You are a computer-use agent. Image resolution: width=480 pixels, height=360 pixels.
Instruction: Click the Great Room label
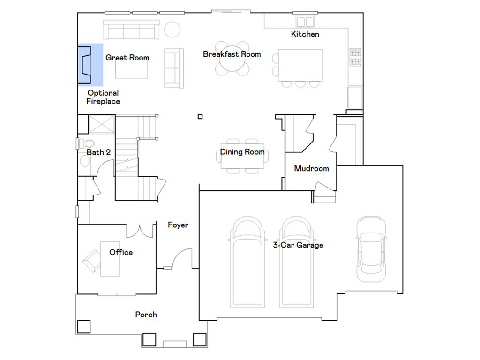tap(127, 58)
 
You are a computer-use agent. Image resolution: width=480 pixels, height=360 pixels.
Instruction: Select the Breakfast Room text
tap(232, 54)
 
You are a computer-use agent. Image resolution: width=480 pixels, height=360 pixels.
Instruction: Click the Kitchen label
tap(305, 34)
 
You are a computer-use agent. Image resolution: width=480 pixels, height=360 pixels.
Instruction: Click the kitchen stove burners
tap(355, 58)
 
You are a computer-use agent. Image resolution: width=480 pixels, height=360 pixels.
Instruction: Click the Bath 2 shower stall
tap(102, 124)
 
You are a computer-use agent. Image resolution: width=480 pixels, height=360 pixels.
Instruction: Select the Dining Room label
tap(242, 152)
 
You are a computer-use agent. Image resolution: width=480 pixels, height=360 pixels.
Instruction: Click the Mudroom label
tap(311, 169)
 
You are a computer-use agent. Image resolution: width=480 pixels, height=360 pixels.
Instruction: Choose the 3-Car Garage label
tap(298, 245)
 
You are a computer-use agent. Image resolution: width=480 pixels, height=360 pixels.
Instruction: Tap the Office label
tap(121, 252)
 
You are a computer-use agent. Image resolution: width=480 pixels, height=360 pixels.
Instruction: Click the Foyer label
tap(178, 225)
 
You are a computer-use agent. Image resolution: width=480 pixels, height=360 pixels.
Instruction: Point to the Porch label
tap(146, 315)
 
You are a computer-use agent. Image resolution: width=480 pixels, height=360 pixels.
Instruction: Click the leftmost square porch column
tap(83, 326)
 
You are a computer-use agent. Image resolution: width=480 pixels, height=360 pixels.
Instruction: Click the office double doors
tap(141, 231)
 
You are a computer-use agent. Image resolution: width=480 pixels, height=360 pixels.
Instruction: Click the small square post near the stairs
tap(200, 117)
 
